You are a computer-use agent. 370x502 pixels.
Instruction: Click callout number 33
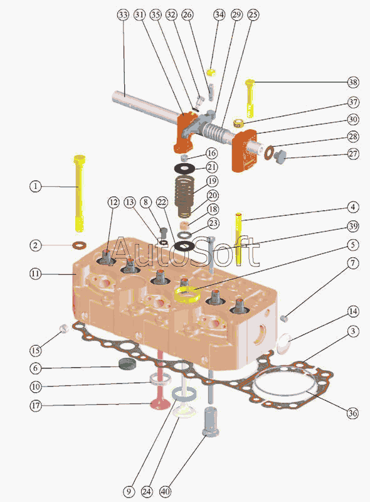click(123, 14)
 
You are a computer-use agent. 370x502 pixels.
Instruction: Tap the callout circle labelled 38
click(353, 82)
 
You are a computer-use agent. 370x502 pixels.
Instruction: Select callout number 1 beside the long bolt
click(36, 186)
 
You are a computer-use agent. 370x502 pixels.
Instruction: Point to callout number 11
click(36, 274)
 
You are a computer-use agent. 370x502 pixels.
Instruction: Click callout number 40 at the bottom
click(165, 491)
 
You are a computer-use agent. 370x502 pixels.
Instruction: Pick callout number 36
click(352, 413)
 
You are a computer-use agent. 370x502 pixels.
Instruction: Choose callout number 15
click(36, 350)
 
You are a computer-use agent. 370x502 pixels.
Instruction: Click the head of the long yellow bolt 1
click(80, 159)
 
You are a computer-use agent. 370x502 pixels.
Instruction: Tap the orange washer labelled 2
click(80, 246)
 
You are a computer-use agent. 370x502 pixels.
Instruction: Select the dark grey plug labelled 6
click(127, 365)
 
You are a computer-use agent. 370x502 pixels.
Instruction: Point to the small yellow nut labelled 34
click(211, 72)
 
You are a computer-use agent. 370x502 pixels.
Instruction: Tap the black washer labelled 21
click(184, 168)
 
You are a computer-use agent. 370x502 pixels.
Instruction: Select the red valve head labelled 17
click(161, 404)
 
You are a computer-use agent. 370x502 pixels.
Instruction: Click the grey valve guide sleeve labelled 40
click(211, 421)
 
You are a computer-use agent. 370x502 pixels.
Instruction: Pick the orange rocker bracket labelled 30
click(245, 151)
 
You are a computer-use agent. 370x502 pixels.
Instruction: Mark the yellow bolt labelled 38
click(250, 99)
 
